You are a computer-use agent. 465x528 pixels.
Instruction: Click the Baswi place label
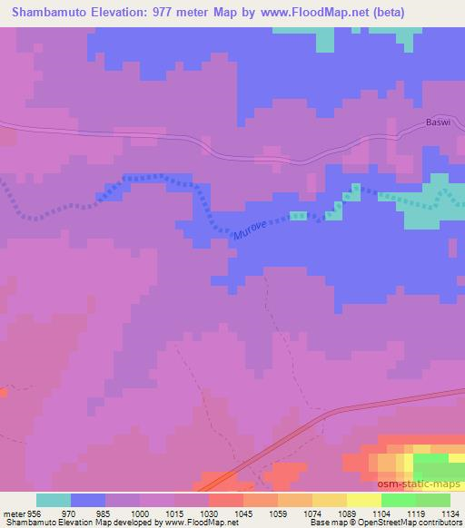click(x=439, y=121)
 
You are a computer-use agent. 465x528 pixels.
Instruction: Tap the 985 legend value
click(x=105, y=513)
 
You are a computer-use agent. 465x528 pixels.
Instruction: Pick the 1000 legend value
click(x=140, y=513)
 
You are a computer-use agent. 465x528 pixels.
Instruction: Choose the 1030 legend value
click(x=209, y=513)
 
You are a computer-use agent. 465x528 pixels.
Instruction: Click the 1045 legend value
click(x=243, y=513)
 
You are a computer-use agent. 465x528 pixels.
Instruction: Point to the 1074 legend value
click(x=312, y=513)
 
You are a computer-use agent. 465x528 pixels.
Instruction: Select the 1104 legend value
click(x=381, y=513)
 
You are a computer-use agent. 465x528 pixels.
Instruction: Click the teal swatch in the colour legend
click(x=54, y=500)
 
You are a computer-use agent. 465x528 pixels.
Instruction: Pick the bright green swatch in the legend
click(x=399, y=500)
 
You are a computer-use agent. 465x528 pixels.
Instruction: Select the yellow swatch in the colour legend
click(x=330, y=500)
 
